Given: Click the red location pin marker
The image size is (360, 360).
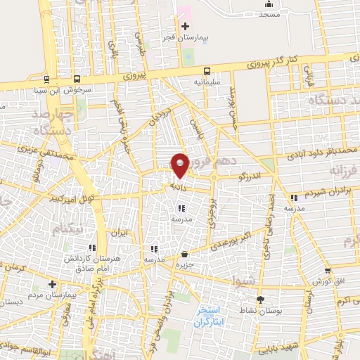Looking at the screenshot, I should pyautogui.click(x=181, y=165).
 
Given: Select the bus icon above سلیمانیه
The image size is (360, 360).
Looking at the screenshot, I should pyautogui.click(x=207, y=70).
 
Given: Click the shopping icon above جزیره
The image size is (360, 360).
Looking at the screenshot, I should pyautogui.click(x=184, y=254).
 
